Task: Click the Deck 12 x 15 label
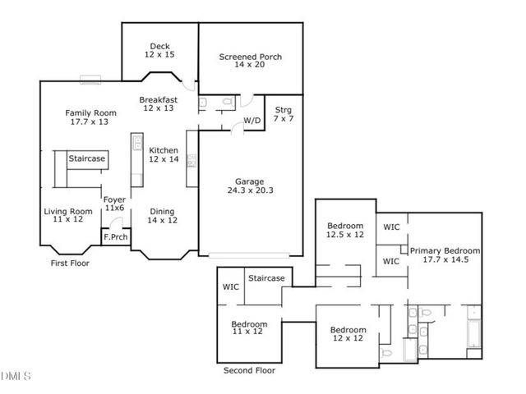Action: pos(159,51)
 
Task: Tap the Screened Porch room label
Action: pos(251,61)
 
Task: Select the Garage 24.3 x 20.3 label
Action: pos(251,185)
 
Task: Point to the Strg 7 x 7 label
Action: pos(284,114)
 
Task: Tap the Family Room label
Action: pos(87,117)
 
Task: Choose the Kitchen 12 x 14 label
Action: pos(164,154)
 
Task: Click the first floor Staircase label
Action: pos(85,158)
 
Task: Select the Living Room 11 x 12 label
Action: pos(68,215)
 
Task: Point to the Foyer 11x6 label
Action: pos(113,203)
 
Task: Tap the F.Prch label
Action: pos(114,239)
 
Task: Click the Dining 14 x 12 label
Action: pos(162,215)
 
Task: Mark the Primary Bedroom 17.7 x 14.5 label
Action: pos(445,255)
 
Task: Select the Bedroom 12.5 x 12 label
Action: pos(345,230)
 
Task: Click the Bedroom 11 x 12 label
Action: pos(248,328)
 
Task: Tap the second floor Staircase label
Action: pos(266,278)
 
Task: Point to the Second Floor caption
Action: pos(250,371)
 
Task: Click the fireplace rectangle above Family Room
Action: pos(89,80)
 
